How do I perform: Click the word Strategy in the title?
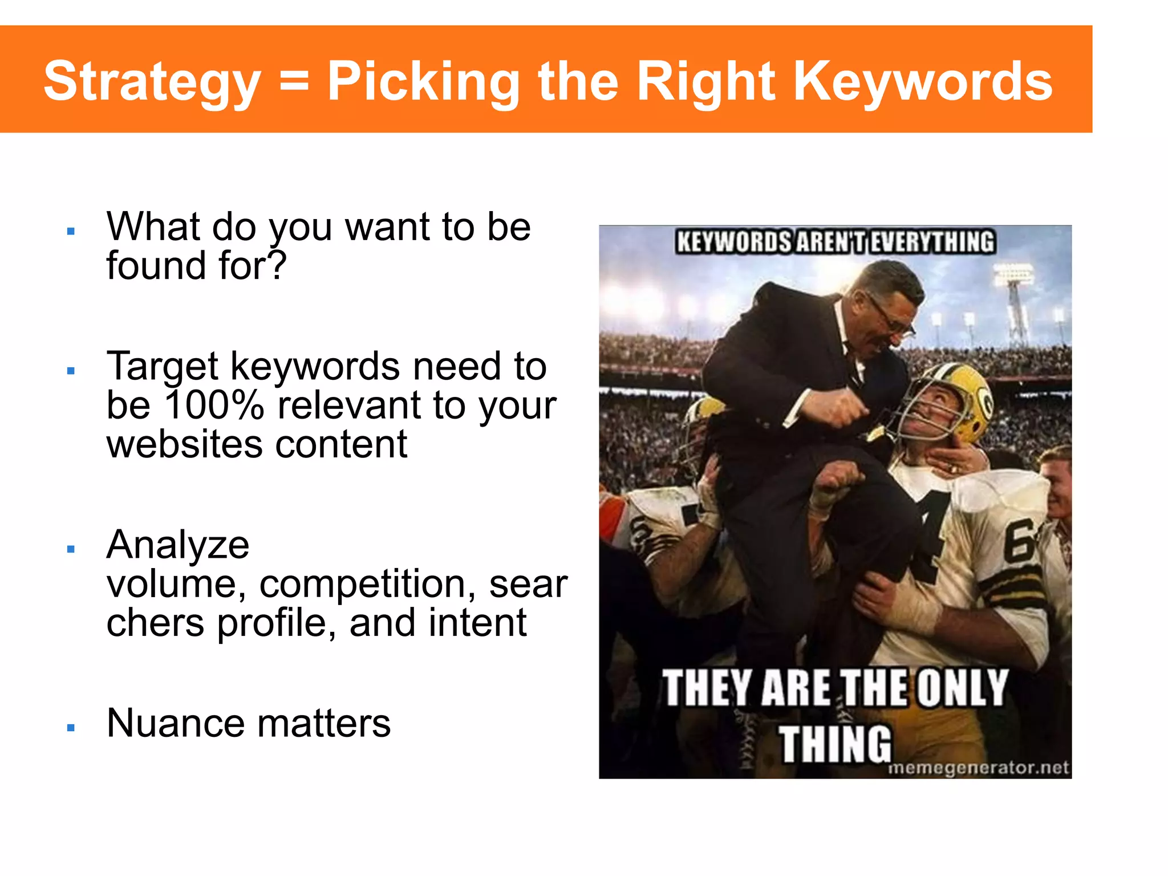152,82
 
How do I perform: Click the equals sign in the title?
294,83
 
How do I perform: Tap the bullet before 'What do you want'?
71,232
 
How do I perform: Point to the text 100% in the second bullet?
214,405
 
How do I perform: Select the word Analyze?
178,545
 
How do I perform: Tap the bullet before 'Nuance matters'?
71,728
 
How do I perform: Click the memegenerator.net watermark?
979,768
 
